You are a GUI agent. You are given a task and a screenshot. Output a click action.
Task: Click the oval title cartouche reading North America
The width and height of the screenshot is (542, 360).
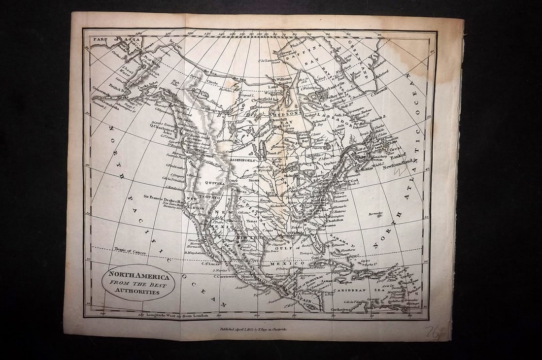138,282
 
